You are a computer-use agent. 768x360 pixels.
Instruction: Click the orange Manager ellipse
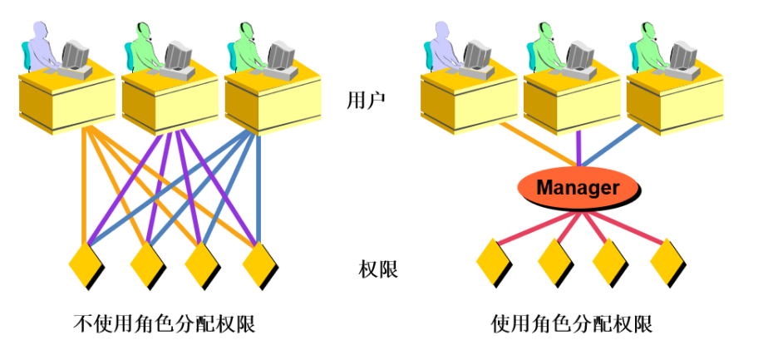(x=578, y=188)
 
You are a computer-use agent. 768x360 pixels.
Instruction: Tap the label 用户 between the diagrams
(x=366, y=101)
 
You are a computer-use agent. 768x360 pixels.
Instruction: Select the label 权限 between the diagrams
(x=378, y=269)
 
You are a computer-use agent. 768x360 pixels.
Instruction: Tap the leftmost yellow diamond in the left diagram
(x=86, y=264)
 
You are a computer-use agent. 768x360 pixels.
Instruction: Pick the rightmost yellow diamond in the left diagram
(x=260, y=264)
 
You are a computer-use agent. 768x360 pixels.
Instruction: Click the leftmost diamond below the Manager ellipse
(x=493, y=262)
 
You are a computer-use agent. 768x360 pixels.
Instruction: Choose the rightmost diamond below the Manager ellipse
(x=667, y=262)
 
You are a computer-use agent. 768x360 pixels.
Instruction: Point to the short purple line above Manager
(x=578, y=150)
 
